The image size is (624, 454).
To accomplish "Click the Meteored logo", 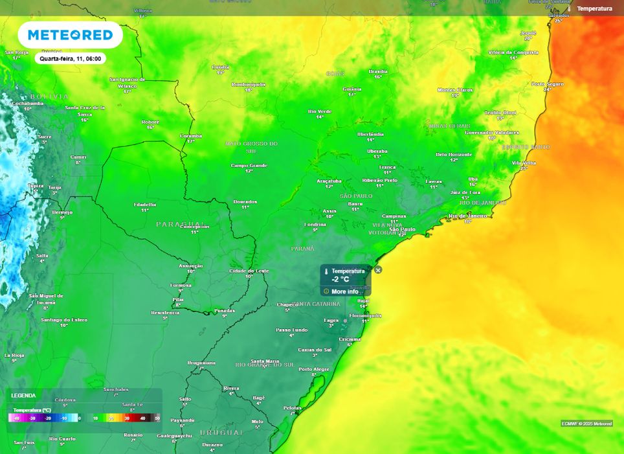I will [70, 35].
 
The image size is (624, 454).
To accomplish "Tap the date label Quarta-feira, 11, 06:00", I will [70, 58].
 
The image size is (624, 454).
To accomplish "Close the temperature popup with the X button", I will [378, 270].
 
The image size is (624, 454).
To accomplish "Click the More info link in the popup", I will [344, 291].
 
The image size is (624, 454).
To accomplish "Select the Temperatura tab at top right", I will [594, 8].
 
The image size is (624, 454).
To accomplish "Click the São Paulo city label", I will [403, 229].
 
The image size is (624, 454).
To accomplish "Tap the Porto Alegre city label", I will [315, 369].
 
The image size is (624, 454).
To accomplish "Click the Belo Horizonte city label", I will [454, 154].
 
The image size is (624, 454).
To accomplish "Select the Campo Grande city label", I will [249, 165].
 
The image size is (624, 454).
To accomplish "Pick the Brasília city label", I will [378, 71].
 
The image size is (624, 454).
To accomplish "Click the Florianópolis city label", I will [365, 315].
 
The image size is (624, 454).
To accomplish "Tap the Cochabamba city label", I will [28, 103].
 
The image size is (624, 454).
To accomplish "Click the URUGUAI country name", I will [221, 432].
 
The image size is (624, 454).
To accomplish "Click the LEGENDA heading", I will [23, 395].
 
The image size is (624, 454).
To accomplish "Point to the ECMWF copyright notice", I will [586, 424].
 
